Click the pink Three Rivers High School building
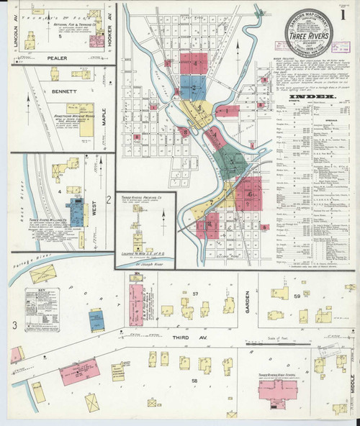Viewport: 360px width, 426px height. pyautogui.click(x=277, y=390)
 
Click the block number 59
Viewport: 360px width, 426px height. pyautogui.click(x=296, y=296)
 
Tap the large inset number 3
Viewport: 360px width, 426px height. pyautogui.click(x=14, y=326)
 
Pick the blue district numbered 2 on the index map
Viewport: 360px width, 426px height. pyautogui.click(x=193, y=89)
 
